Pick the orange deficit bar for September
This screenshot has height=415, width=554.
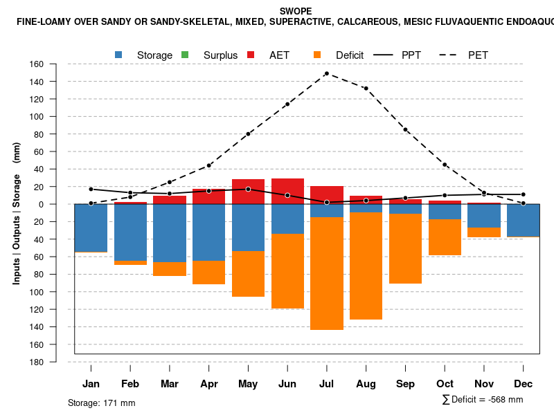click(x=406, y=248)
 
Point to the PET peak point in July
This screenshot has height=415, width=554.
click(x=326, y=73)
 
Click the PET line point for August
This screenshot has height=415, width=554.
click(x=366, y=89)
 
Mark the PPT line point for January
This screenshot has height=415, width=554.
click(x=91, y=189)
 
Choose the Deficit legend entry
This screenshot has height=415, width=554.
click(x=349, y=55)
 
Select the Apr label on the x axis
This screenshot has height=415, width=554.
click(x=209, y=384)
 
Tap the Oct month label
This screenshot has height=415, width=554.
click(x=445, y=384)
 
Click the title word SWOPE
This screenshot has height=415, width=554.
click(x=296, y=11)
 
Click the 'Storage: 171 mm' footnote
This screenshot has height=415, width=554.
click(x=102, y=403)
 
